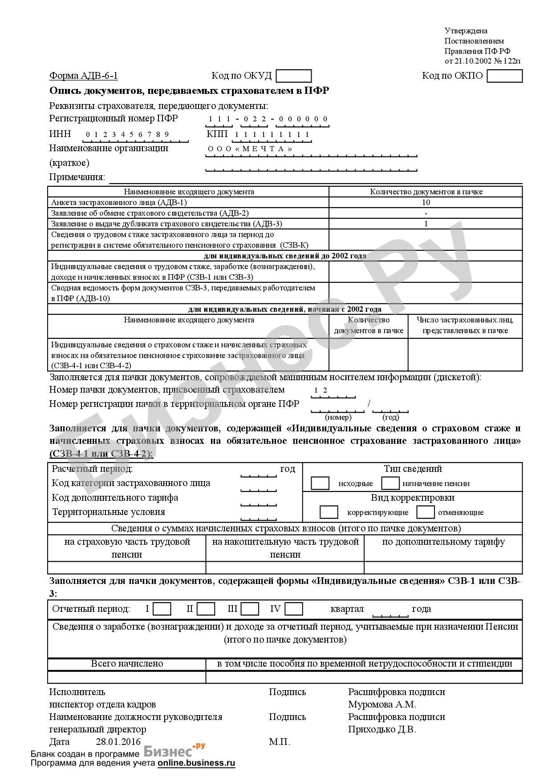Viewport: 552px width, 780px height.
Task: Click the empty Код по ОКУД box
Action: pos(293,76)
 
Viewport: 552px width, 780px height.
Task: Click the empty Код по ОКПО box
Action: pos(504,76)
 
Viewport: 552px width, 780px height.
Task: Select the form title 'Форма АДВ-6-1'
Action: pos(83,76)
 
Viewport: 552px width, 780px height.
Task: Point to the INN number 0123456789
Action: pos(127,134)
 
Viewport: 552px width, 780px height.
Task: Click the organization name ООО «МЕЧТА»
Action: pos(250,149)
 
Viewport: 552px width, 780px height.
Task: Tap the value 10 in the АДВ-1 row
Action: pos(426,202)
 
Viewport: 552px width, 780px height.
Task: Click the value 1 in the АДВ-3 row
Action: pos(426,224)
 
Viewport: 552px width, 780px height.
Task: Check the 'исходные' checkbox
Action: pos(320,483)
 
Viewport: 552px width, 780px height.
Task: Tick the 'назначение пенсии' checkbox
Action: pos(390,483)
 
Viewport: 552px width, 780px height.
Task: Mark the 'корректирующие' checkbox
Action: pos(329,512)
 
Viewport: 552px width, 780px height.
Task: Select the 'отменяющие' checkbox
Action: pos(425,512)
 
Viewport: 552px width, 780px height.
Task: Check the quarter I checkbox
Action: pos(162,609)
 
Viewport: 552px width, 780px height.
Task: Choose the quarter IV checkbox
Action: pos(294,609)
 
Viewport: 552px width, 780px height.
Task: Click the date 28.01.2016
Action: pos(118,742)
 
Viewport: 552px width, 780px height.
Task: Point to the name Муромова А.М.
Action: pos(382,704)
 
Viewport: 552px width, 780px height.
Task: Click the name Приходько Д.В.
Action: pos(382,729)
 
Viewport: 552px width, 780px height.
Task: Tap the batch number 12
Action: pos(321,390)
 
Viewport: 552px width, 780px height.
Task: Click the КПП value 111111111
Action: pos(272,134)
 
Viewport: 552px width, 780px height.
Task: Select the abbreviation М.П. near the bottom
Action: pos(279,742)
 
